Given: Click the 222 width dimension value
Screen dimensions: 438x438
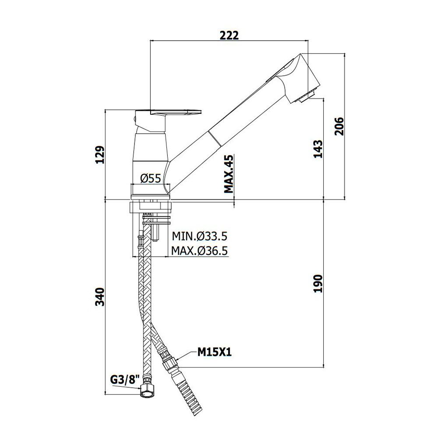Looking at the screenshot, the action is tap(229, 35).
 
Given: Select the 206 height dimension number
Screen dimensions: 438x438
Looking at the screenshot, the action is tap(339, 126).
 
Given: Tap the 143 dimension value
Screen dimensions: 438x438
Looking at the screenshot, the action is tap(318, 149).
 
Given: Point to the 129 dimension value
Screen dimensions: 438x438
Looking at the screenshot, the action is tap(100, 155).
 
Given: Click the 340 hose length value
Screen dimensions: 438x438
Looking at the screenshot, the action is tap(100, 297).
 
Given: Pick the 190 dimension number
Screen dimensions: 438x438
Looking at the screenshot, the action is tap(318, 283).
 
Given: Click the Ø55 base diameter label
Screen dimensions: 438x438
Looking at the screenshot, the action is tap(151, 178).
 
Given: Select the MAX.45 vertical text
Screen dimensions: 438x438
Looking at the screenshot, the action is tap(229, 174).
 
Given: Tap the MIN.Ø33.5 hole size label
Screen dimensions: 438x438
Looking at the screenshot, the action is tap(199, 237).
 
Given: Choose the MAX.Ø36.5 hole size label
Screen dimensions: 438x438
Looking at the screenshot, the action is tap(199, 251).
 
